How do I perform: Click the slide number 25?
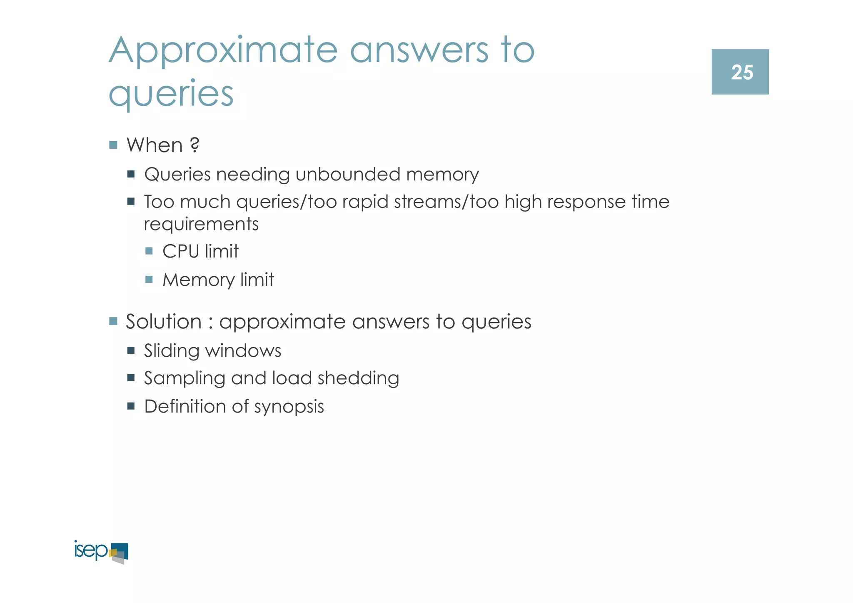click(741, 73)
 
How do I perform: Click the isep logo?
click(101, 552)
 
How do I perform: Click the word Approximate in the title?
click(223, 51)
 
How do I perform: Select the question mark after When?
click(194, 145)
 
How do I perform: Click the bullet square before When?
click(113, 145)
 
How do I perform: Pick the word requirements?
click(201, 224)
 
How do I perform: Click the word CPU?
click(180, 251)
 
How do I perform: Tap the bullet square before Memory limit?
click(149, 279)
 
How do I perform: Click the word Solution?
click(164, 322)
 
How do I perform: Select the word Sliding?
click(172, 351)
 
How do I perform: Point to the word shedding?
click(358, 378)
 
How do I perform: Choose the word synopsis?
click(289, 407)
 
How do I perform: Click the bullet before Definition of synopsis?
click(131, 406)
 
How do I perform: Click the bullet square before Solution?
click(113, 321)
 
